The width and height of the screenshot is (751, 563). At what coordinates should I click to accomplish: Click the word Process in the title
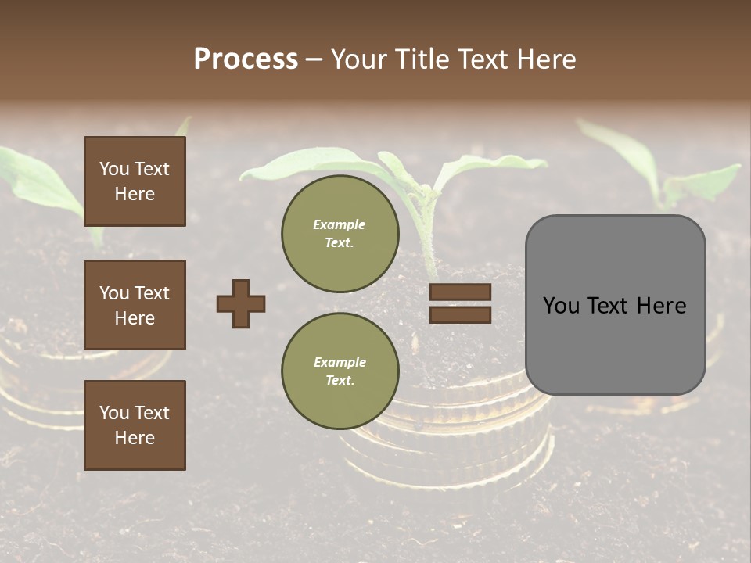coord(246,59)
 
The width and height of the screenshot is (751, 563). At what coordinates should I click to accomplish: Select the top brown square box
coord(135,181)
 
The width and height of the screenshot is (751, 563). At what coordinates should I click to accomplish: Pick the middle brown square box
coord(135,305)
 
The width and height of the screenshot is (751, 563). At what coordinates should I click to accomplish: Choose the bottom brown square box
coord(135,425)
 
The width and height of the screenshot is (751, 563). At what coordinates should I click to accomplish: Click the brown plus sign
coord(241,303)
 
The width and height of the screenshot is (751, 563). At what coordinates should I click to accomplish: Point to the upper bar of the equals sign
coord(460,292)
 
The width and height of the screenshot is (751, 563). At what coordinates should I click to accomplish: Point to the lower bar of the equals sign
coord(460,314)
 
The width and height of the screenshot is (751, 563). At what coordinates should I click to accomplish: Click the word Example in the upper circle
coord(340,224)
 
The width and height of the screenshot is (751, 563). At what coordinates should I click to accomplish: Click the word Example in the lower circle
coord(340,362)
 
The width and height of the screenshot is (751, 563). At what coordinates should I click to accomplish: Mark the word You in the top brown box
coord(113,169)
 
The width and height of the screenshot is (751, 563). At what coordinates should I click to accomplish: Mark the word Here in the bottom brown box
coord(135,438)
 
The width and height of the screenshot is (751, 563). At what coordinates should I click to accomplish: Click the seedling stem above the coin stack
coord(429,235)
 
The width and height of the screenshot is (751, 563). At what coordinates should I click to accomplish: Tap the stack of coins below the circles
coord(446,446)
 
